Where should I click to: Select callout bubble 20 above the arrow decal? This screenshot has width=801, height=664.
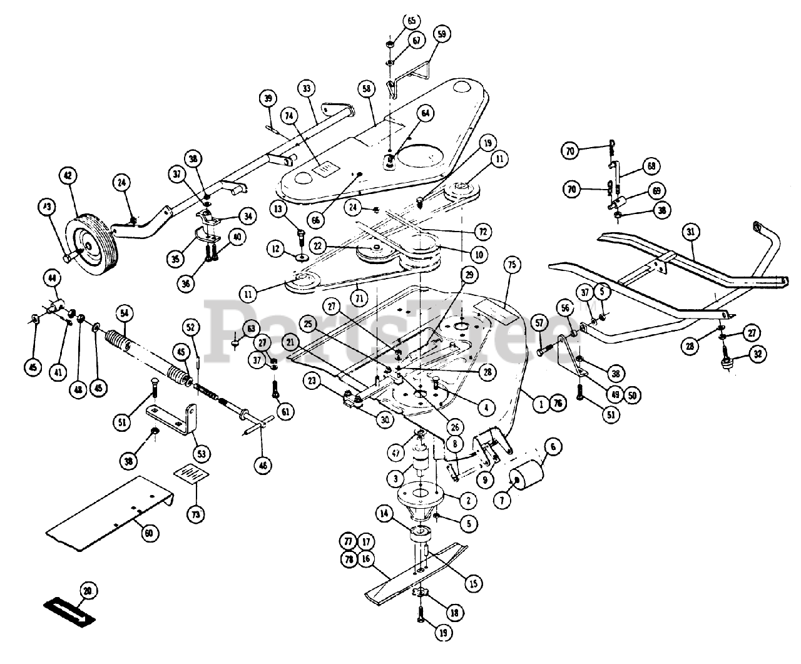tap(88, 590)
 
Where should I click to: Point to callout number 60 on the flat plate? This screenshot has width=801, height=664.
tap(148, 533)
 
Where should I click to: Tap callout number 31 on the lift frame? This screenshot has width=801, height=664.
tap(690, 233)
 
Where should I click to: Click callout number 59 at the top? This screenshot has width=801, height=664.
tap(442, 35)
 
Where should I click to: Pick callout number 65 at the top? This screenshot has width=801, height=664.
tap(411, 21)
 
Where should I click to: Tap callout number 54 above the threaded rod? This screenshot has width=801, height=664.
tap(124, 312)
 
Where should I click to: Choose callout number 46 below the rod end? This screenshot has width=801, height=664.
tap(263, 464)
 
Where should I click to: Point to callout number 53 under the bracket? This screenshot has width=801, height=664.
tap(203, 453)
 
